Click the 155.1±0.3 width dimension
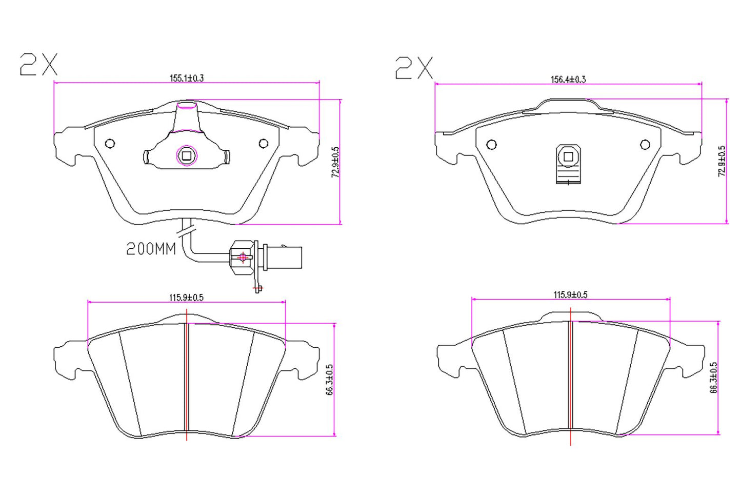(187, 78)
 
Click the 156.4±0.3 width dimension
(568, 80)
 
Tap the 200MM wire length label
(151, 249)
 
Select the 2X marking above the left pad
(39, 65)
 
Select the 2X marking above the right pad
(414, 68)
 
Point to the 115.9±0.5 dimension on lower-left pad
(186, 298)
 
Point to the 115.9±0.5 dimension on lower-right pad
(570, 295)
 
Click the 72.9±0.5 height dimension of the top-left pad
(335, 162)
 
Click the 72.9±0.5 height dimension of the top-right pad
(722, 161)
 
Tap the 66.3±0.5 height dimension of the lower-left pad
(330, 380)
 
